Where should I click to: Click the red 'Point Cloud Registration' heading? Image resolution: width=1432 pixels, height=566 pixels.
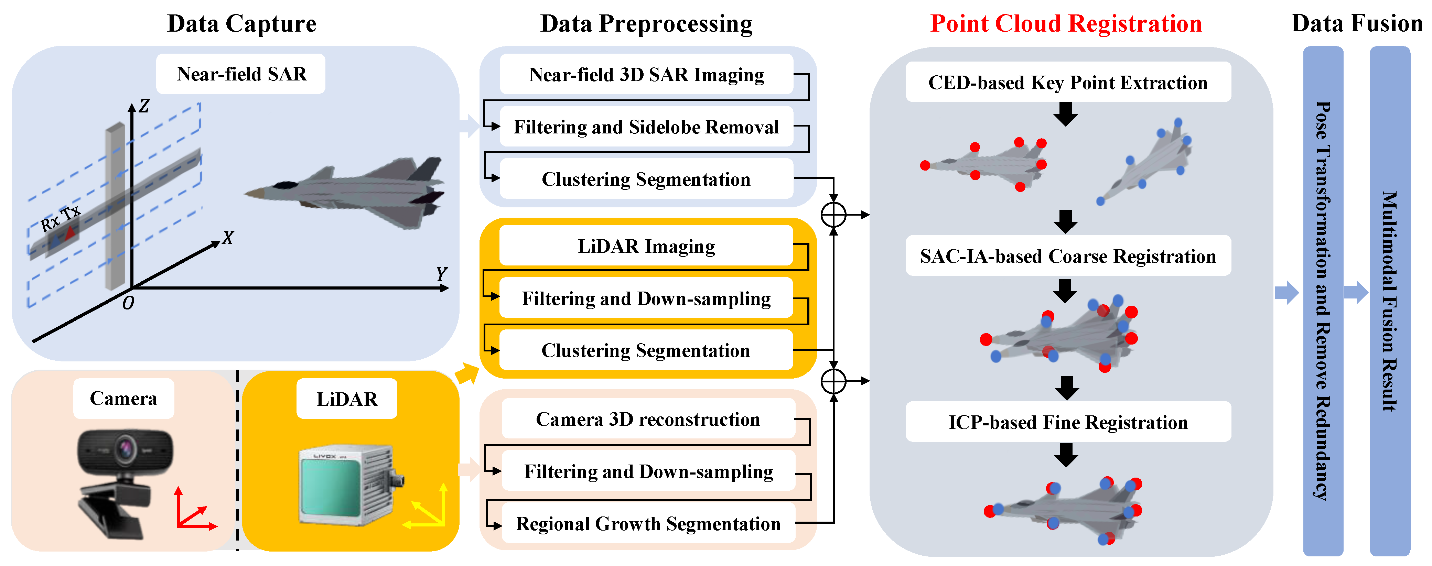click(1066, 24)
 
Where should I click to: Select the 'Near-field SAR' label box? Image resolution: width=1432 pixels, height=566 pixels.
click(241, 74)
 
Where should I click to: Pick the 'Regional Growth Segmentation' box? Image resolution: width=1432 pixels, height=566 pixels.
click(648, 524)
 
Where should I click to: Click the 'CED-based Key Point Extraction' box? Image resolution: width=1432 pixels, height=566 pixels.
click(1068, 82)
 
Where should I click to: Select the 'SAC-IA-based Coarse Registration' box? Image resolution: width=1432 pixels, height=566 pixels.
click(1068, 256)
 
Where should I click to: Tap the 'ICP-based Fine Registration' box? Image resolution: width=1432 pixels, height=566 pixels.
click(1068, 422)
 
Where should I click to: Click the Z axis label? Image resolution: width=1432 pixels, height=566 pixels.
click(144, 106)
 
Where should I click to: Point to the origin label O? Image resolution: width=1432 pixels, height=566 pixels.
click(128, 303)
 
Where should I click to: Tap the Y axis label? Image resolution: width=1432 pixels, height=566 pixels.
click(441, 274)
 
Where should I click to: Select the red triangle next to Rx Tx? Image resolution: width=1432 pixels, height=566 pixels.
click(70, 232)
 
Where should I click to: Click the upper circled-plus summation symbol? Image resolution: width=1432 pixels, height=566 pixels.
click(833, 215)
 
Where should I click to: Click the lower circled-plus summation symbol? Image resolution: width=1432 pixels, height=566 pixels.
click(833, 381)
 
